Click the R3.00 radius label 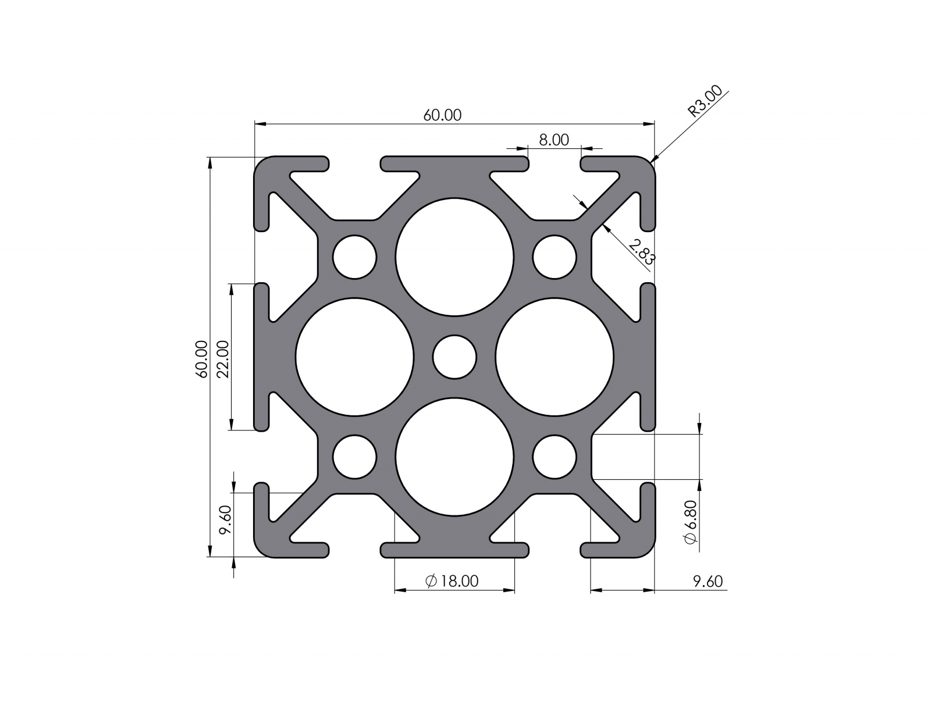click(x=705, y=101)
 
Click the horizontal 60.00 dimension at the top click(x=442, y=115)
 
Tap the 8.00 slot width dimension click(x=553, y=140)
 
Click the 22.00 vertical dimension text click(x=223, y=359)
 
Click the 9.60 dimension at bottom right click(x=708, y=581)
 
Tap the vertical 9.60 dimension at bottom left click(x=225, y=519)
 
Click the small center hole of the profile click(x=454, y=357)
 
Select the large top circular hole click(x=454, y=257)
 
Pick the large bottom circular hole click(x=454, y=457)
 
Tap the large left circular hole click(x=354, y=357)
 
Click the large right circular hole click(x=555, y=357)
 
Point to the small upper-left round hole click(x=354, y=257)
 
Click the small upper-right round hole click(x=555, y=257)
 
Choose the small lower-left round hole click(x=354, y=457)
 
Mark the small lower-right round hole click(x=555, y=457)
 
